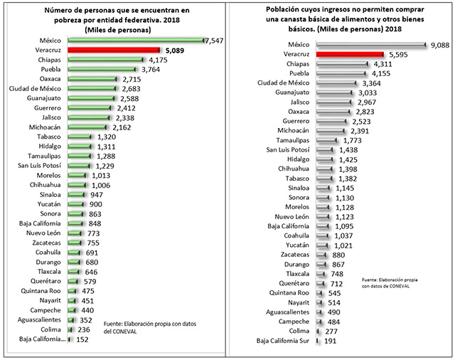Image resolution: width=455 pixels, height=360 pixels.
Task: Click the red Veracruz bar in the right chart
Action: tap(349, 53)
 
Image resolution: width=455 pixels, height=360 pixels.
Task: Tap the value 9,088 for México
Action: tap(439, 44)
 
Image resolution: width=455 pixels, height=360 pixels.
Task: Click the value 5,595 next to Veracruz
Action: tap(398, 53)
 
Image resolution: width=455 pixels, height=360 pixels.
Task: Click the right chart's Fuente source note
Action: tap(388, 282)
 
